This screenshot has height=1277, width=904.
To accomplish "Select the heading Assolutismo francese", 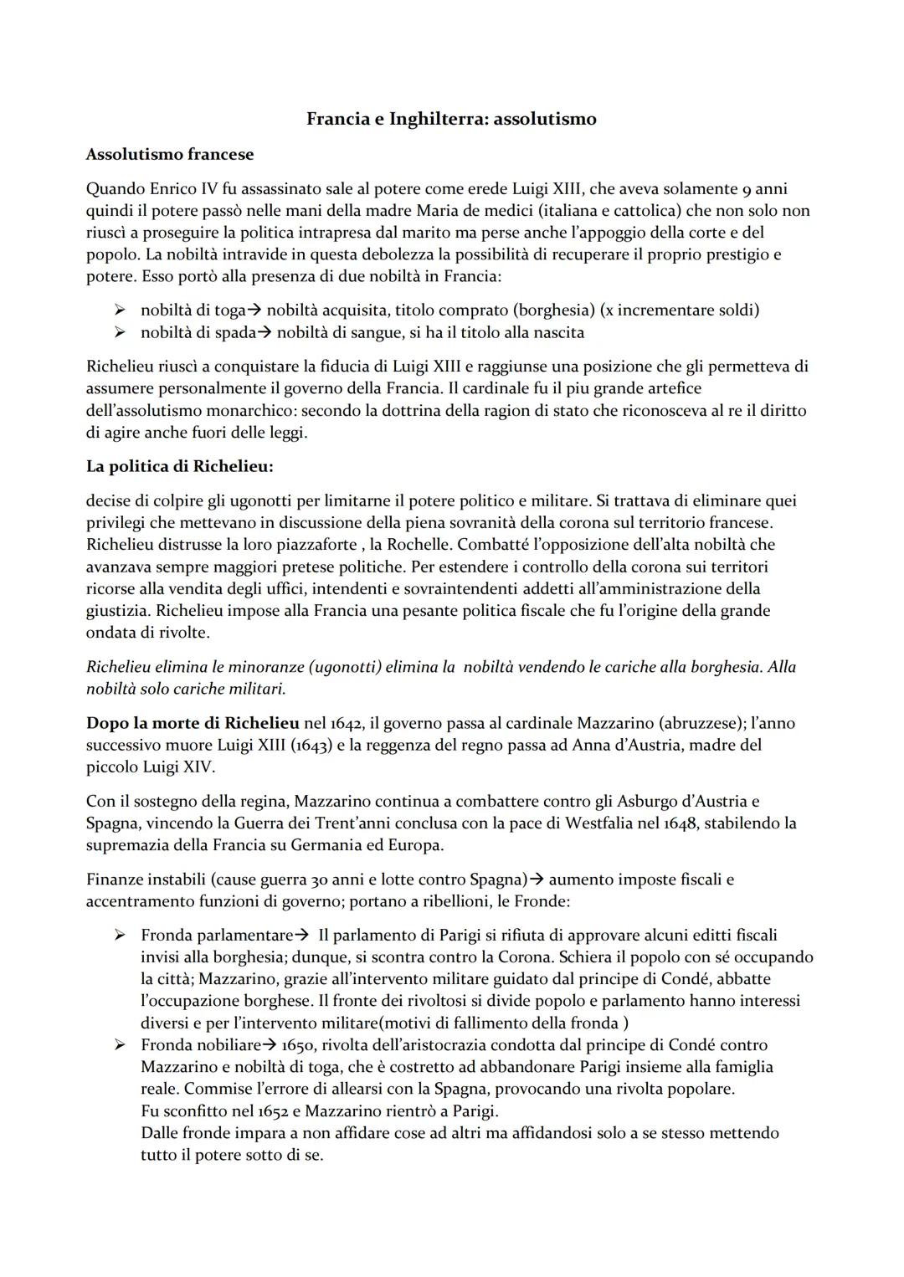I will (170, 154).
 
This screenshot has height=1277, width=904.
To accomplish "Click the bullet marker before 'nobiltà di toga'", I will (121, 310).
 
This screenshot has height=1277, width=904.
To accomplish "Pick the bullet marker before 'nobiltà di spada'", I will (121, 333).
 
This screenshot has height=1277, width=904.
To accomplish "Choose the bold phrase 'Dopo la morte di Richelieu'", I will (193, 722).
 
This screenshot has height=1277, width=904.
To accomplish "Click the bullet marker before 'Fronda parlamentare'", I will (121, 935).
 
